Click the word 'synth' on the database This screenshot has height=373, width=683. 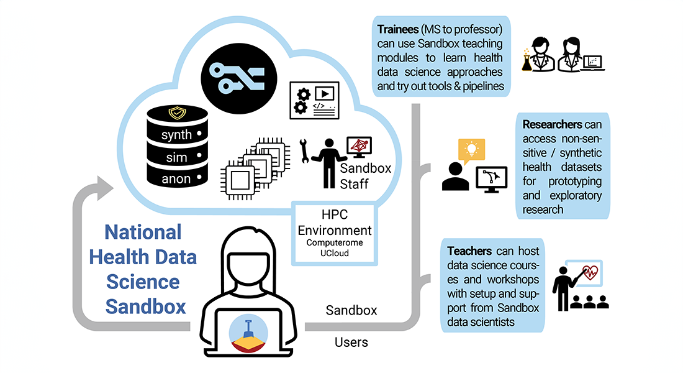(177, 135)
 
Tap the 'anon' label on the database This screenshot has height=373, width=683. (176, 179)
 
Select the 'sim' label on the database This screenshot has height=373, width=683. (176, 157)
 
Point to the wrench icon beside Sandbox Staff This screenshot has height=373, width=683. (305, 152)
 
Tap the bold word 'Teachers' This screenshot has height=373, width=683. (470, 251)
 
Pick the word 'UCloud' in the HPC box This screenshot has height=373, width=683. (334, 254)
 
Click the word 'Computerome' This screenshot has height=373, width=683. (334, 243)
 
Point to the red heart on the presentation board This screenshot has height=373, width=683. (590, 272)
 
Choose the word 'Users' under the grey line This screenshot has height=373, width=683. (351, 342)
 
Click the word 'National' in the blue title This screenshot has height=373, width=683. (143, 233)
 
